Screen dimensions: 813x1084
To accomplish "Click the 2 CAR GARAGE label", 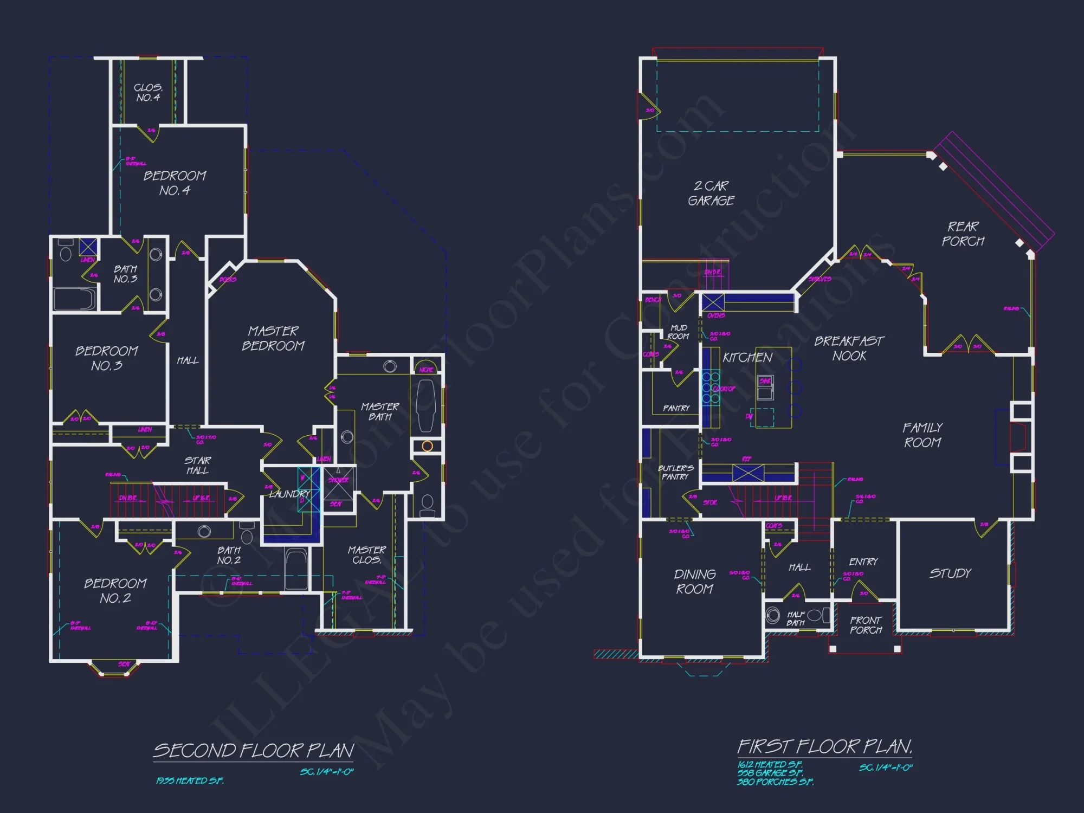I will pyautogui.click(x=711, y=193).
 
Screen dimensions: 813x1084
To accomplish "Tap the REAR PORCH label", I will pyautogui.click(x=963, y=234).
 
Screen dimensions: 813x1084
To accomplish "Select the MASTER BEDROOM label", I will pyautogui.click(x=273, y=338).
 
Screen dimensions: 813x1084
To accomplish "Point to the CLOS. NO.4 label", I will pyautogui.click(x=148, y=93).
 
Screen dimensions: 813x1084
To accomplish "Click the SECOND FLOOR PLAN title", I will pyautogui.click(x=254, y=751).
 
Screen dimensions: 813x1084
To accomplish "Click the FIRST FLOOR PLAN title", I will pyautogui.click(x=824, y=747).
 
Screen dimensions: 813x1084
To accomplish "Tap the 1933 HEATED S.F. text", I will pyautogui.click(x=190, y=780).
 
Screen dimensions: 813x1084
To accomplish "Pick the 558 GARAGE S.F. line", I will pyautogui.click(x=770, y=773).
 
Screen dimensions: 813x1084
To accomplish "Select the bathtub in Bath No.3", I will pyautogui.click(x=75, y=299).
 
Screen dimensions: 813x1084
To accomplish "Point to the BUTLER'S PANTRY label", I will pyautogui.click(x=675, y=472).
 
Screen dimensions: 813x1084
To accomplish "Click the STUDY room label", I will pyautogui.click(x=950, y=573).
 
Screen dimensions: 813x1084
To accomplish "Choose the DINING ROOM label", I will pyautogui.click(x=695, y=582).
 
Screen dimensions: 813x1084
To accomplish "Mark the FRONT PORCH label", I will pyautogui.click(x=866, y=625).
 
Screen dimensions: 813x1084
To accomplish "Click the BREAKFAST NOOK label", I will pyautogui.click(x=849, y=349).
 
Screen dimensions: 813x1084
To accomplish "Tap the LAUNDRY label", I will pyautogui.click(x=289, y=494).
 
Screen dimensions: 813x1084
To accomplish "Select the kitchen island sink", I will pyautogui.click(x=765, y=382).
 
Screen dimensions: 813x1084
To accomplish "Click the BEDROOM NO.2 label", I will pyautogui.click(x=115, y=591).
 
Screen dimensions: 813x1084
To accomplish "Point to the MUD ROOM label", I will pyautogui.click(x=679, y=332).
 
